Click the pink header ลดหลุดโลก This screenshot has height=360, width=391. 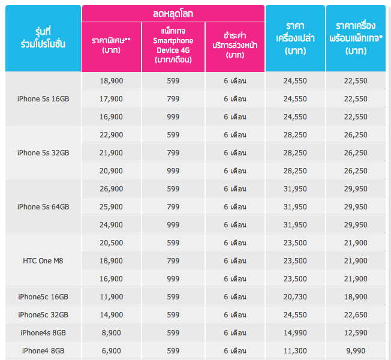point(173,13)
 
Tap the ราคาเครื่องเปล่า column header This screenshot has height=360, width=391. point(295,39)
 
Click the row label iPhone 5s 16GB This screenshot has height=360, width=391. point(43,98)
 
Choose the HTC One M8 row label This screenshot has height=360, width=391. point(43,260)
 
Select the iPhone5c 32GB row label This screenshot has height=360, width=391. point(43,314)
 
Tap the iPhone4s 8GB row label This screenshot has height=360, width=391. point(43,332)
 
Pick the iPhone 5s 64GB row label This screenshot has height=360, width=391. point(43,206)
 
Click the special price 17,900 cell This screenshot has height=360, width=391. point(111,98)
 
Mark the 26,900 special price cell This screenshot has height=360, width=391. point(111,188)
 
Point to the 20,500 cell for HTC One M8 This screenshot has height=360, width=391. point(111,242)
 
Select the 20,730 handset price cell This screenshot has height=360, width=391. point(295,296)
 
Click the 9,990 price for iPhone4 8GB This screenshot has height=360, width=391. point(356,350)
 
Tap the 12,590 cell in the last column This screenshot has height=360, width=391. point(356,332)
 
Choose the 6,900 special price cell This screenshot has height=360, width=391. point(111,350)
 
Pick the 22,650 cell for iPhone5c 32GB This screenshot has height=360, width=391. point(356,314)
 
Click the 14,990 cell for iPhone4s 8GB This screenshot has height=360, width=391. point(295,332)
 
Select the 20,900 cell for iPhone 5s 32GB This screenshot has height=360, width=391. point(111,170)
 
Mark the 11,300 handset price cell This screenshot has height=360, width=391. point(295,350)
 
